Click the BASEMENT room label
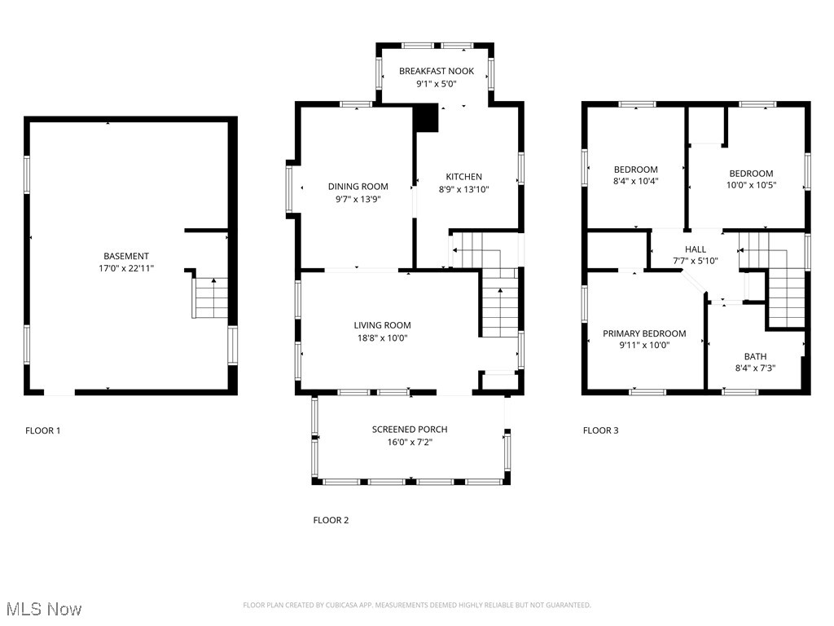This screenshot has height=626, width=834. point(126,256)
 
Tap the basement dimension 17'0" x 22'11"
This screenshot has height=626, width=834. point(126,268)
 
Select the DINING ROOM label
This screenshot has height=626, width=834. point(358,187)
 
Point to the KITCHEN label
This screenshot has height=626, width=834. point(463,177)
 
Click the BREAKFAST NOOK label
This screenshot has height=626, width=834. point(436,72)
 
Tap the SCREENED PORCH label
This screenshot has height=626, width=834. point(410,430)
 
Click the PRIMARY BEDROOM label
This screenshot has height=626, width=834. point(643,333)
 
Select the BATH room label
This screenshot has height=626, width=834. point(755,356)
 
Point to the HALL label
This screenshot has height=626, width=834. point(696,249)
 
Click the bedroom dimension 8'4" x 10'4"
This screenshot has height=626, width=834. point(635,182)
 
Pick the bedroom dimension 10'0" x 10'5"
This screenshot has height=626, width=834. point(751,185)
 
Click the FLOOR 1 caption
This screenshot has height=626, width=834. point(42,430)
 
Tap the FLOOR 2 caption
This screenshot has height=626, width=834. point(331,520)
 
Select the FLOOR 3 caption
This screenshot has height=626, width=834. point(600,430)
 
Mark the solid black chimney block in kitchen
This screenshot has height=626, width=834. point(426,119)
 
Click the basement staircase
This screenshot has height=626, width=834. point(211,298)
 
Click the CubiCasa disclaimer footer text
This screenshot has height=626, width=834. point(417,605)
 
